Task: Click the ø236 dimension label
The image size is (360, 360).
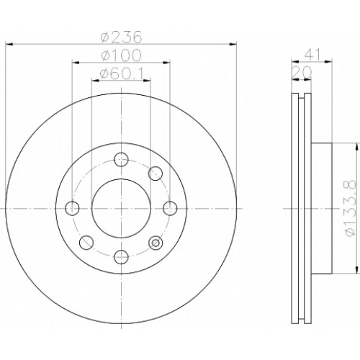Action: pos(122,37)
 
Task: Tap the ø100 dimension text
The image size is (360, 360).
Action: pos(121,55)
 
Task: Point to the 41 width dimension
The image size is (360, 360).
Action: pos(312,55)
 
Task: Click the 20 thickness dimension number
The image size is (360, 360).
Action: pos(302,72)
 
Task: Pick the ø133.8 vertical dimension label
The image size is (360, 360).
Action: pos(349,208)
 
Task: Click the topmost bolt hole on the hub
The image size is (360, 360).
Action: pos(121,160)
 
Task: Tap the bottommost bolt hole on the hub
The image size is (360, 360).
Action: pos(121,257)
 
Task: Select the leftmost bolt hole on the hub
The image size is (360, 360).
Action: pos(72,208)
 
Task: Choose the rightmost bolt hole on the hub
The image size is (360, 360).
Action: pos(170,208)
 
